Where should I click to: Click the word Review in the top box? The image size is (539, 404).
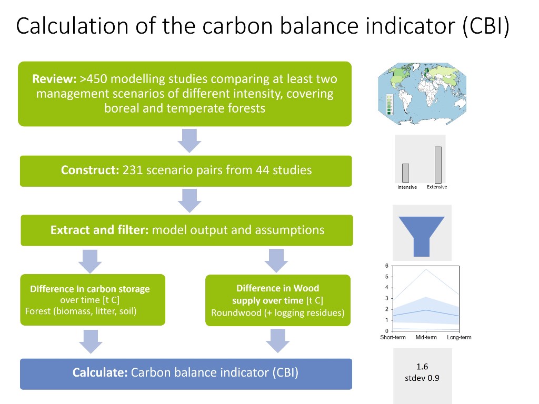pos(54,79)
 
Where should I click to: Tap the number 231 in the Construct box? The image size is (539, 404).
pos(133,170)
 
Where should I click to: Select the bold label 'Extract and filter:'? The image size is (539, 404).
pos(99,230)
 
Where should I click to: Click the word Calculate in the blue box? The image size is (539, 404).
pos(100,372)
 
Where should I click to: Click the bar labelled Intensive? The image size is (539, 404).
pos(406,173)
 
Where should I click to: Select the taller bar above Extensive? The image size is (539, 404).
pos(438,165)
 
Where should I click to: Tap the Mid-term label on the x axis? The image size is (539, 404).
pos(426,337)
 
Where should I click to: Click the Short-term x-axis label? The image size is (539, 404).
pos(393,337)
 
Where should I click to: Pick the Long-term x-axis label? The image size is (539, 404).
pos(459,337)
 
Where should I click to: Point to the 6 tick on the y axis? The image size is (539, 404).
pos(387,266)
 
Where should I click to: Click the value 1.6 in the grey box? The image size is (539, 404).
pos(422,367)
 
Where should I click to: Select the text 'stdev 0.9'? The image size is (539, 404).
pos(422,378)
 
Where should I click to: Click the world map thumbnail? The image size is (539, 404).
pos(422,94)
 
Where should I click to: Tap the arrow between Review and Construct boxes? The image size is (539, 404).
pos(189,141)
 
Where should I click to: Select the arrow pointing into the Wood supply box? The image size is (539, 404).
pos(276,261)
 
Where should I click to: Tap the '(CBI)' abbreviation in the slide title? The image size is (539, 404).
pos(486,26)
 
